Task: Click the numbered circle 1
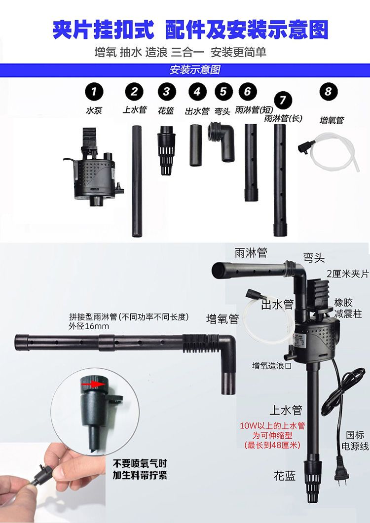pos(94,91)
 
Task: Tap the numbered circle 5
pos(223,91)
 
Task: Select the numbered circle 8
pos(328,91)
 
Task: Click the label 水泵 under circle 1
pos(94,110)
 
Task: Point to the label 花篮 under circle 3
pos(166,110)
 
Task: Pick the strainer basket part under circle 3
pos(166,150)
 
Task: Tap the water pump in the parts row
pos(94,167)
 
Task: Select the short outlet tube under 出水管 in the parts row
pos(196,145)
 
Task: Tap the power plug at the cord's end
pos(341,471)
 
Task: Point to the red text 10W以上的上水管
pos(272,425)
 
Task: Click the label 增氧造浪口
pos(272,366)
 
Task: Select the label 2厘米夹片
pos(348,274)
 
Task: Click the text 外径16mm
pos(89,326)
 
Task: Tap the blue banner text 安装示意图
pos(195,70)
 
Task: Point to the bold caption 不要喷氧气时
pos(140,463)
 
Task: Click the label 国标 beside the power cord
pos(355,435)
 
